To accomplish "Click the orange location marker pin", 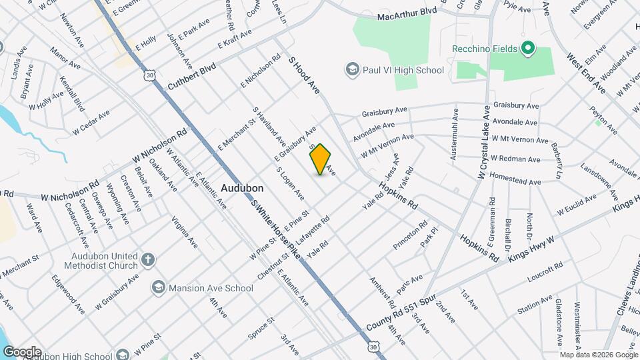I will coord(321,159).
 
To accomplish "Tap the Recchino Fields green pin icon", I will coord(528,48).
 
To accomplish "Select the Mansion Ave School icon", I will coord(158,288).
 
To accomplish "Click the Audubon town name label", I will coord(242,189).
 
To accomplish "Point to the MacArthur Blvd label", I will coord(407,14).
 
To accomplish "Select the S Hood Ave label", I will coord(305,74).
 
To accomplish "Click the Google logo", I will coord(22,351).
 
